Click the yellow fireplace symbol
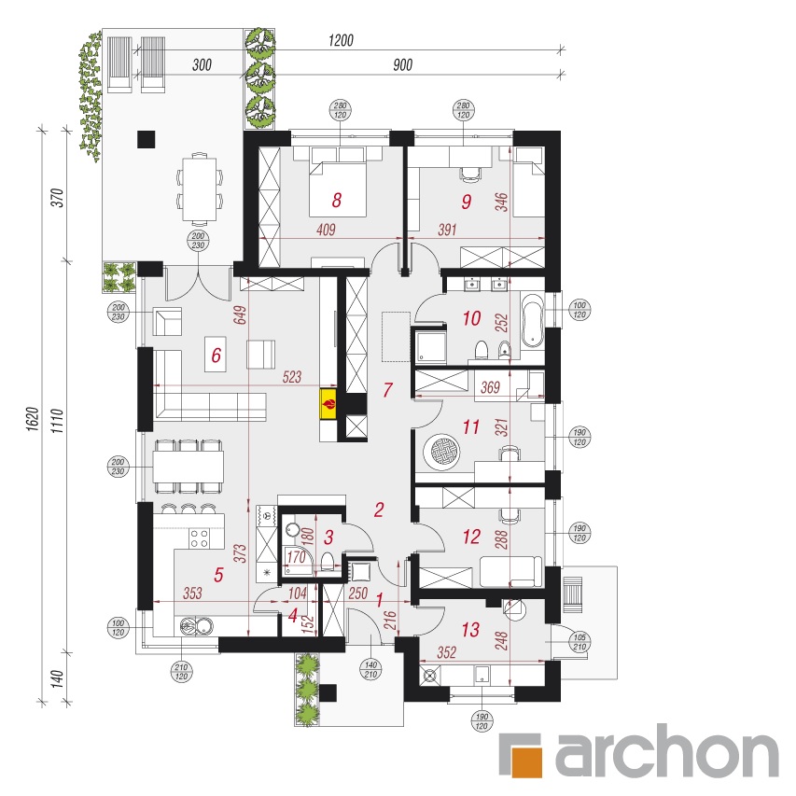(x=328, y=404)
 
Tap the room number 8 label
(x=337, y=201)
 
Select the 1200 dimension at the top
(x=341, y=40)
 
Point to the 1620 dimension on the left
(x=33, y=419)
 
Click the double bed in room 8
(x=339, y=189)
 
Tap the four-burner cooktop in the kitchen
(x=199, y=538)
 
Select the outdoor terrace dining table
(x=200, y=189)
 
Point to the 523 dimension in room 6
(x=292, y=377)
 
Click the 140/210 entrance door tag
(x=371, y=670)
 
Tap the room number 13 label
(x=470, y=630)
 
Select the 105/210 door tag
(x=580, y=642)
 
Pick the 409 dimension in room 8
(x=326, y=230)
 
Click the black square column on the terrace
(x=147, y=139)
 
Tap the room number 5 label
(x=218, y=575)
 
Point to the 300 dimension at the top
(x=202, y=65)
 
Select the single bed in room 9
(x=528, y=182)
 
